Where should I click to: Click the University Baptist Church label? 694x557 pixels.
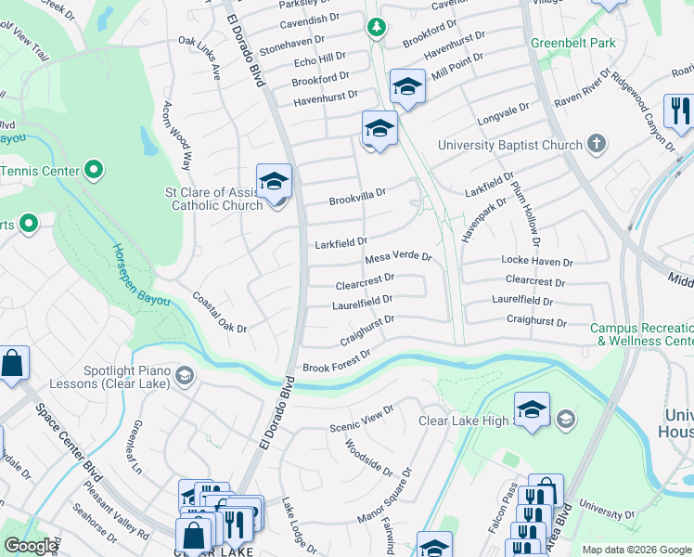(509, 145)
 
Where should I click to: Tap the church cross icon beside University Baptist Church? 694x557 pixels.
(597, 145)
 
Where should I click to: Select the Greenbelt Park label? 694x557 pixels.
(572, 42)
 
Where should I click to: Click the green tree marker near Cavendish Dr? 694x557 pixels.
(377, 28)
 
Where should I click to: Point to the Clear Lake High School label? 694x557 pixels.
(465, 421)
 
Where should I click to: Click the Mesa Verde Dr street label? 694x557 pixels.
(399, 257)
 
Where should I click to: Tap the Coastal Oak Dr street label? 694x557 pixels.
(220, 314)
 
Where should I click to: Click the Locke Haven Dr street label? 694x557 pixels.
(537, 262)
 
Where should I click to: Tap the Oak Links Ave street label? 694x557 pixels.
(199, 58)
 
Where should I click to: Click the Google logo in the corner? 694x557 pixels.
(31, 547)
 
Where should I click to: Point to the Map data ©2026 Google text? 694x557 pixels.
(636, 550)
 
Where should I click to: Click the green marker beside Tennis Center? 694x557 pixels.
(94, 170)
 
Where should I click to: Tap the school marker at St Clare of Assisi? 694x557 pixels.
(274, 182)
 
